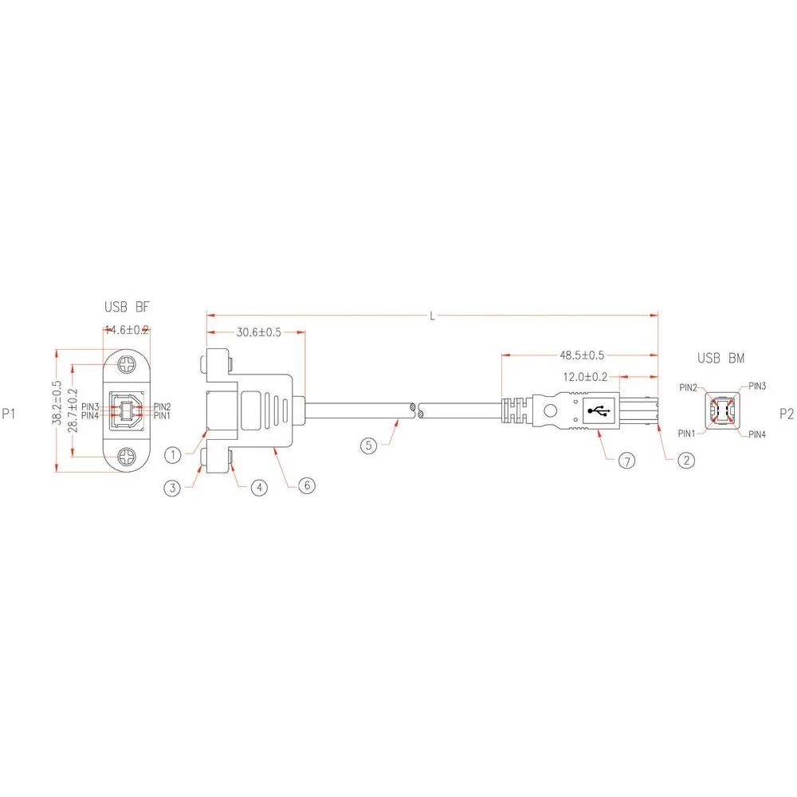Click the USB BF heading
(x=127, y=307)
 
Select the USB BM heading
(x=721, y=358)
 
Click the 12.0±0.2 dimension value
(x=586, y=376)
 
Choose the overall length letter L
(x=432, y=316)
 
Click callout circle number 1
(x=175, y=455)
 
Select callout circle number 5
(x=368, y=446)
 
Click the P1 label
(x=9, y=414)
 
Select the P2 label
(x=786, y=414)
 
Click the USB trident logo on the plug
(x=598, y=411)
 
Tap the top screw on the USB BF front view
(x=127, y=366)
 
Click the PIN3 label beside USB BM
(x=757, y=386)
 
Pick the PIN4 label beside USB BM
(x=757, y=435)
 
